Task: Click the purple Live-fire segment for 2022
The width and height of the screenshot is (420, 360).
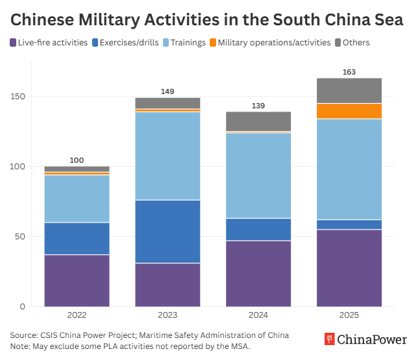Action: [x=77, y=280]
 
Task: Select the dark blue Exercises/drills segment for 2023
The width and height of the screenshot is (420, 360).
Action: [x=167, y=232]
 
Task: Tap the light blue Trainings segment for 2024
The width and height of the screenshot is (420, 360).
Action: [x=258, y=175]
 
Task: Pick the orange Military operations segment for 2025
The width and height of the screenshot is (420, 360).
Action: [x=349, y=111]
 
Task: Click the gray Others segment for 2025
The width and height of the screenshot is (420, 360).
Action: [x=349, y=91]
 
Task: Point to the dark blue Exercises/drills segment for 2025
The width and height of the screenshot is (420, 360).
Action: [x=349, y=224]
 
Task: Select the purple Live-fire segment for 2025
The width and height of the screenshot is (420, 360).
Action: [x=349, y=267]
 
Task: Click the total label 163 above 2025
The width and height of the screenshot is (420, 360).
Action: [x=349, y=72]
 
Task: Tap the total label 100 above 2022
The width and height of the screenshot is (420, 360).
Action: [x=77, y=160]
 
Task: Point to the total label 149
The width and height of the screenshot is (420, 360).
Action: [x=167, y=91]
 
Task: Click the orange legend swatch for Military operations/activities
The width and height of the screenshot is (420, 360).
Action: [x=212, y=43]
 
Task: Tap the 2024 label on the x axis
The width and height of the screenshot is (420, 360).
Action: [x=258, y=315]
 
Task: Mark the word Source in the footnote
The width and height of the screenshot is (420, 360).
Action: [x=24, y=335]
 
